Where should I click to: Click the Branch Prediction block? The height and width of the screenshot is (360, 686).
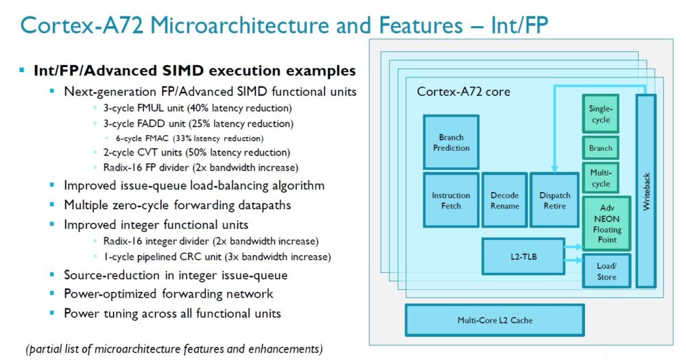[x=451, y=143]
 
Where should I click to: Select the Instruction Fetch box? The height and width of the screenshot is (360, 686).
[x=451, y=200]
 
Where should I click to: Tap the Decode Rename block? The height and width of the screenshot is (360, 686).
[x=504, y=200]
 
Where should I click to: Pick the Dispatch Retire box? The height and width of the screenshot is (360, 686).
[x=554, y=200]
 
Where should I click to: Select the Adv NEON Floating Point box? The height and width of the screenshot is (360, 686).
[x=606, y=224]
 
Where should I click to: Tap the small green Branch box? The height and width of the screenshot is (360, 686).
[x=600, y=148]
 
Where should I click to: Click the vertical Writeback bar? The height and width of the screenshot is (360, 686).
[x=646, y=190]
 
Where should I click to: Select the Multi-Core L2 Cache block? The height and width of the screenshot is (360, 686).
[x=495, y=320]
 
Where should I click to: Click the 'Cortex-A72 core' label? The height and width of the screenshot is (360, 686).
[x=463, y=92]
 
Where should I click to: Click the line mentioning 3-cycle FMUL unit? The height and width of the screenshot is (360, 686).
[x=196, y=108]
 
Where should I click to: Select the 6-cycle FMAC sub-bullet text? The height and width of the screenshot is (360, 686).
[x=199, y=138]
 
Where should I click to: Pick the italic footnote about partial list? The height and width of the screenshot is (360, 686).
[x=174, y=348]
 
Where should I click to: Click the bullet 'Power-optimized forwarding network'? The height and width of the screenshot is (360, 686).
[x=168, y=293]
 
